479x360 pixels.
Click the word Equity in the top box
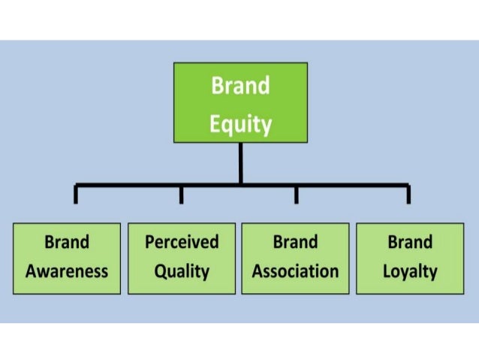(240, 123)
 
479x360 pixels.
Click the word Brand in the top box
(240, 86)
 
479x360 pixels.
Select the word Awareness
(67, 271)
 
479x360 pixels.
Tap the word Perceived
(182, 242)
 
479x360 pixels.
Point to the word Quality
(181, 271)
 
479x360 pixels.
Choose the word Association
(295, 271)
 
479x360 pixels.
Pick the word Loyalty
(410, 271)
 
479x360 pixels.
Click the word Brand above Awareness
(67, 242)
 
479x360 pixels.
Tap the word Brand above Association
(295, 242)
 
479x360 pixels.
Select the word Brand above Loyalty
(410, 242)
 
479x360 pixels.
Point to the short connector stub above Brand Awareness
(75, 195)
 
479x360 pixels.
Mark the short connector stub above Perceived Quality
(181, 195)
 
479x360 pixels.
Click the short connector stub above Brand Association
(296, 195)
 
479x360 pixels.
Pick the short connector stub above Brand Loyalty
(408, 195)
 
